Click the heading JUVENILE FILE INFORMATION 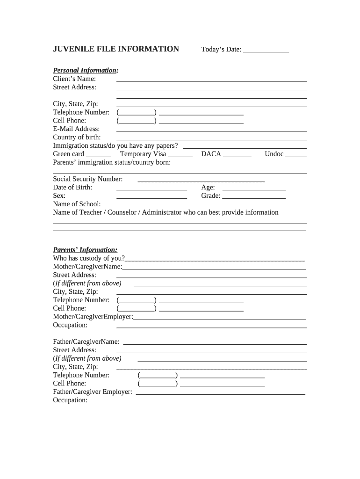tap(116, 49)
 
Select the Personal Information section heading tap(86, 71)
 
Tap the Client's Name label tap(74, 79)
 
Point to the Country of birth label tap(77, 137)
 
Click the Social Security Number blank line tap(201, 181)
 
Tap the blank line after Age tap(254, 189)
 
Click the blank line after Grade tap(254, 198)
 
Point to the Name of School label tap(77, 204)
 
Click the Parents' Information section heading tap(85, 250)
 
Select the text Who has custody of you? tap(89, 258)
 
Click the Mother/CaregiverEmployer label tap(93, 317)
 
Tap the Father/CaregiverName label tap(86, 342)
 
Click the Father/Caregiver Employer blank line tap(220, 394)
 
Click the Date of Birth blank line tap(151, 189)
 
